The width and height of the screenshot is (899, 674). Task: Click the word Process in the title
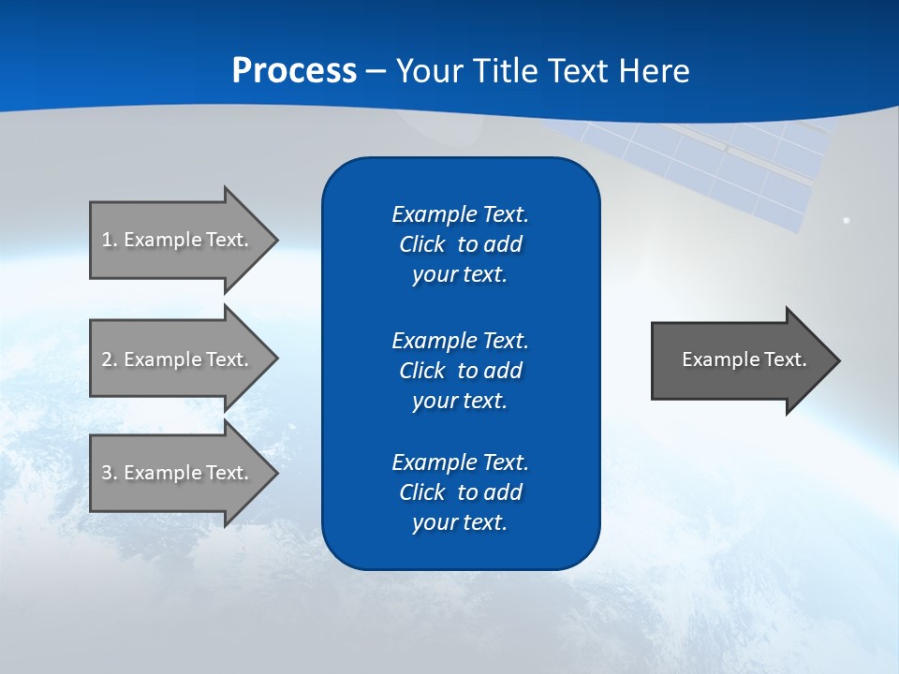point(294,71)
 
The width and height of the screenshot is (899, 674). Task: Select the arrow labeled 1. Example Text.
point(178,240)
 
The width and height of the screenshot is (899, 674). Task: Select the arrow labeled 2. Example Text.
point(178,359)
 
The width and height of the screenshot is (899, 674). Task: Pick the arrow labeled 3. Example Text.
point(178,473)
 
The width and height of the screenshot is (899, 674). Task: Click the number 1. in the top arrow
point(109,240)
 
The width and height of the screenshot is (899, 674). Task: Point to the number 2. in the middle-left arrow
point(109,359)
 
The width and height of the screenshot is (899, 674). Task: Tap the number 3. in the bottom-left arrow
point(109,473)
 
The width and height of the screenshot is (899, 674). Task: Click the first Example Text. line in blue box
point(460,214)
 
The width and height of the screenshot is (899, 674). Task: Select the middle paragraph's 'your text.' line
point(460,401)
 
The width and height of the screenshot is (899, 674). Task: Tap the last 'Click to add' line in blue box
point(460,492)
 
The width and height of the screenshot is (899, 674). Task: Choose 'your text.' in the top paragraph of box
point(460,275)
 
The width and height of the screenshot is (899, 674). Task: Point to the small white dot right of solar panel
point(846,220)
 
